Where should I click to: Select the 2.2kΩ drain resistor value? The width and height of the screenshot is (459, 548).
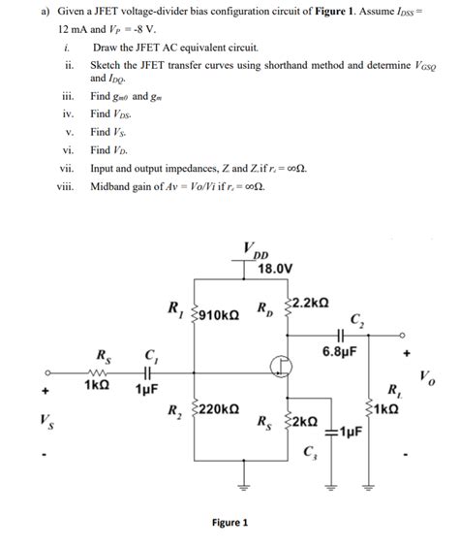click(311, 303)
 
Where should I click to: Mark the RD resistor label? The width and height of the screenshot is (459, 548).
click(265, 309)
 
